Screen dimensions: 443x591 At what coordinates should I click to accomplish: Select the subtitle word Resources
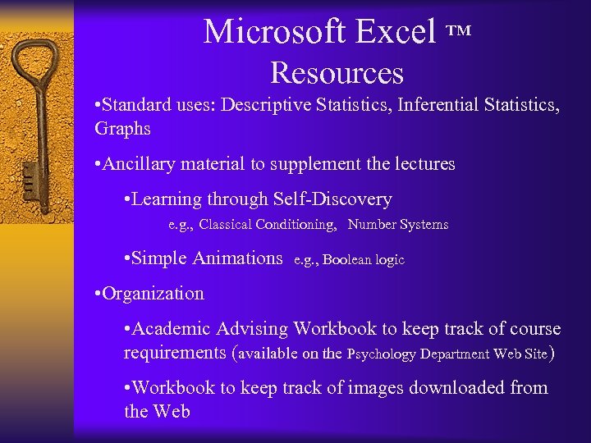click(x=337, y=73)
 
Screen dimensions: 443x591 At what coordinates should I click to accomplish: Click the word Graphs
click(x=123, y=129)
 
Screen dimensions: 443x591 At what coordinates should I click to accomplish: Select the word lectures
click(x=419, y=164)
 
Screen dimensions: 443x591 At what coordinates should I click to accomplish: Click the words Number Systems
click(x=398, y=224)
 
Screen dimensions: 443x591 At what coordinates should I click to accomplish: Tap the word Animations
click(x=237, y=258)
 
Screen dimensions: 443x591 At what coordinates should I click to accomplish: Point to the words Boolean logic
click(x=364, y=260)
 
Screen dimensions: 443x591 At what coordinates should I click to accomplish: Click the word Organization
click(x=154, y=294)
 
